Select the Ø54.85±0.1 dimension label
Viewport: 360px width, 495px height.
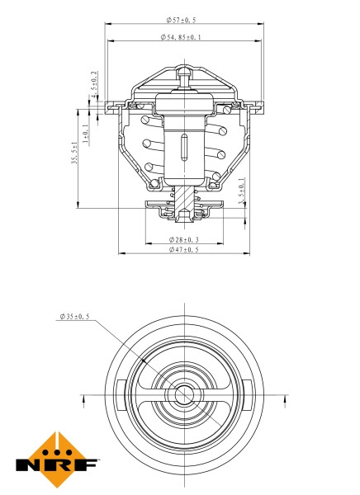click(181, 38)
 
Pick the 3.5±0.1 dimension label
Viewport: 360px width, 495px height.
click(241, 192)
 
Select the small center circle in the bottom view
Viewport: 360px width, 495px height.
click(182, 395)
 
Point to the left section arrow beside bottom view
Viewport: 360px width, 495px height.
click(85, 401)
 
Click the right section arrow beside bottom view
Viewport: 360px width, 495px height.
click(283, 401)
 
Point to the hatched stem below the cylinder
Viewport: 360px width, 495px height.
click(182, 198)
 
